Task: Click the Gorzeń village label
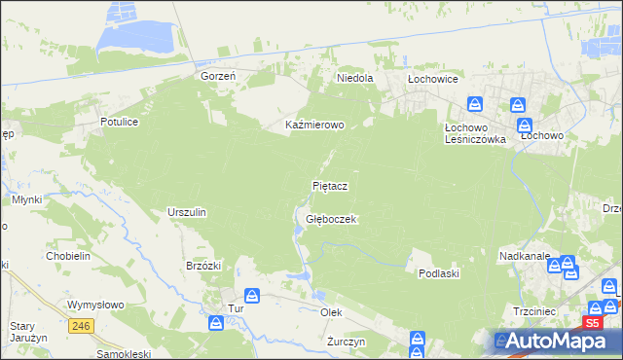220,76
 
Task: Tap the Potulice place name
122,122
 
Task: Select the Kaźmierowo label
314,126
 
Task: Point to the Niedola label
355,78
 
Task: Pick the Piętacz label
330,185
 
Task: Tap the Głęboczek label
332,220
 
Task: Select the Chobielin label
68,256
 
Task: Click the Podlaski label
438,274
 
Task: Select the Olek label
332,312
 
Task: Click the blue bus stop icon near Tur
251,295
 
